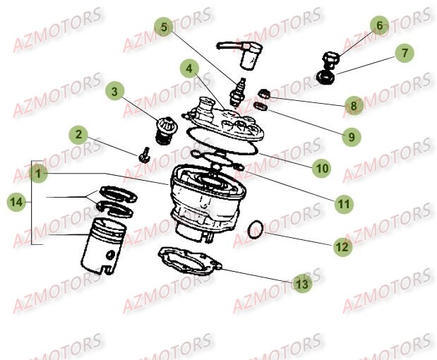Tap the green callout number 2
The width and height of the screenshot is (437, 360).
(x=79, y=134)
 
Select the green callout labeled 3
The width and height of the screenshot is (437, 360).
(x=116, y=91)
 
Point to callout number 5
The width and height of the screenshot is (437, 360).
(x=164, y=28)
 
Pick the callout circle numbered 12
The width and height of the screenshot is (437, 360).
(x=342, y=248)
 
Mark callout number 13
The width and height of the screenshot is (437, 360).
(x=301, y=284)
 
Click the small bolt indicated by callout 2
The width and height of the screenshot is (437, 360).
(x=143, y=154)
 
